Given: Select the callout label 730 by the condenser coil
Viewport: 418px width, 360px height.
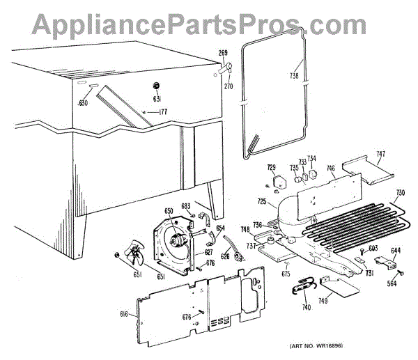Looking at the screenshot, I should (x=400, y=193).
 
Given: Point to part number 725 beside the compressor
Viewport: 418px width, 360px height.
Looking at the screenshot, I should (x=261, y=202).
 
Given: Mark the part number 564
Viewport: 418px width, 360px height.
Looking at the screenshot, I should (x=393, y=282).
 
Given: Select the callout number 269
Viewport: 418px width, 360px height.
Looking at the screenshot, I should (x=223, y=53).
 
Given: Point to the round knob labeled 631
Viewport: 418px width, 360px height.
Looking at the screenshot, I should (x=156, y=85).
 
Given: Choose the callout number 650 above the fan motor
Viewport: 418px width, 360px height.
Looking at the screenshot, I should (x=169, y=212).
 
